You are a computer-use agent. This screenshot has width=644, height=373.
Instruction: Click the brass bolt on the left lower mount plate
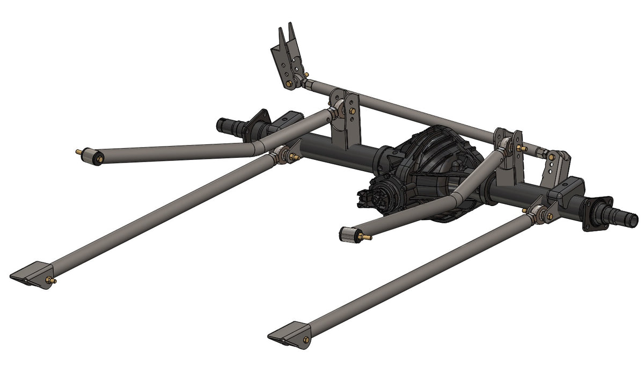point(52,280)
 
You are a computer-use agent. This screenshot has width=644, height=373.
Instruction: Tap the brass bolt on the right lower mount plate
point(306,339)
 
